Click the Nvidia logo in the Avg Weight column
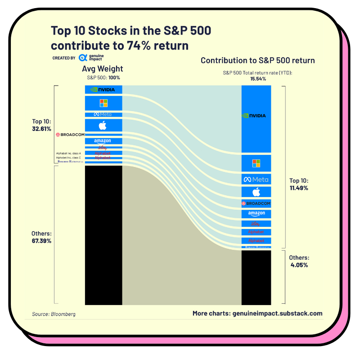tap(103, 90)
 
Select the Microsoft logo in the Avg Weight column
tap(103, 103)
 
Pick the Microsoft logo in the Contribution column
tap(256, 163)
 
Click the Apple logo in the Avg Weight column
tap(103, 125)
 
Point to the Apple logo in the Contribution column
tap(256, 192)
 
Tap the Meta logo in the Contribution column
tap(256, 180)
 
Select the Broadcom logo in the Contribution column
tap(256, 203)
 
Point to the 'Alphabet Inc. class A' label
tap(68, 153)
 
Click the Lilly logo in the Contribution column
tap(256, 224)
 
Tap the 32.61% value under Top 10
tap(42, 129)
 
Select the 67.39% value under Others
tap(42, 241)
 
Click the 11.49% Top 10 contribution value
tap(299, 188)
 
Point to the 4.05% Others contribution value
tap(299, 265)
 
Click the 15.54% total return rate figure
tap(258, 79)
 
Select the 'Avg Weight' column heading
tap(102, 69)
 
